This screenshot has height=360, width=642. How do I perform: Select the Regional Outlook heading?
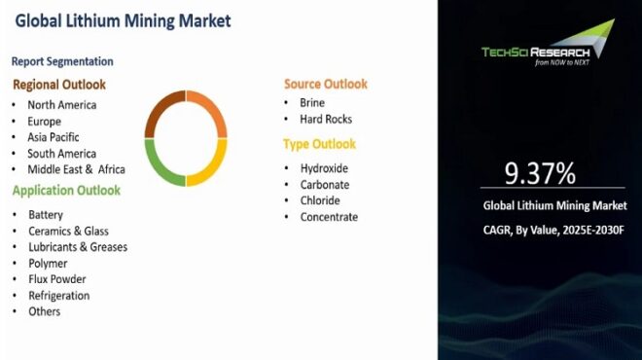click(58, 85)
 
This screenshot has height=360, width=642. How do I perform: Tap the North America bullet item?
click(62, 105)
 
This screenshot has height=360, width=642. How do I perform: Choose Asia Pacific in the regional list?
click(53, 137)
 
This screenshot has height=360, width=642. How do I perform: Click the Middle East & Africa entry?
click(76, 169)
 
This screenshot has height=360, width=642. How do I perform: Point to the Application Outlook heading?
click(66, 191)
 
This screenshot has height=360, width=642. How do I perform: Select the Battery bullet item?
click(46, 214)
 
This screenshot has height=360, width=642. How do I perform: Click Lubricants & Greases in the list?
click(78, 247)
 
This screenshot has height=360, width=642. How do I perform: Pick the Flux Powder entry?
click(58, 279)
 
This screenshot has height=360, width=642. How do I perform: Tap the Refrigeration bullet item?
click(58, 295)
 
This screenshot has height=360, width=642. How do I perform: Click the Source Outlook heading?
click(326, 85)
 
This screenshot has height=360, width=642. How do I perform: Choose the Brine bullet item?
click(312, 102)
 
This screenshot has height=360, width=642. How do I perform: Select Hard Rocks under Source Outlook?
click(326, 119)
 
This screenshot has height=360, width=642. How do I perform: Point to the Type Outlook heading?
click(320, 144)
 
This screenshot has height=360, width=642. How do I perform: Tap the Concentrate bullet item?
click(329, 217)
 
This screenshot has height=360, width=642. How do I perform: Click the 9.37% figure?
click(540, 173)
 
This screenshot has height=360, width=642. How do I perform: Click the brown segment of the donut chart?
click(161, 110)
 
